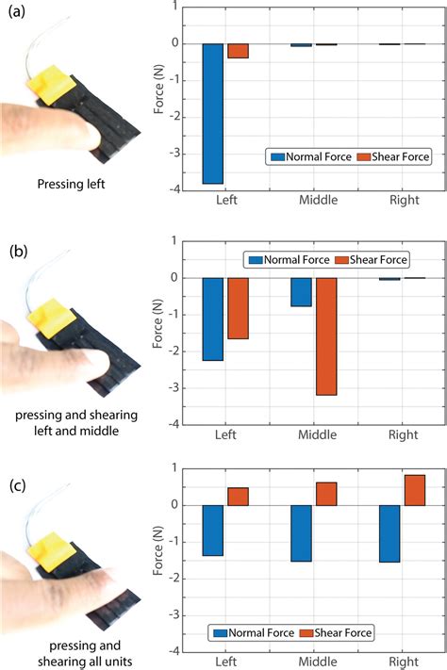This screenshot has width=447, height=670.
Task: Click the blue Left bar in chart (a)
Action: coord(213,113)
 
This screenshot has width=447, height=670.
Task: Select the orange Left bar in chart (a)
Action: coord(238,51)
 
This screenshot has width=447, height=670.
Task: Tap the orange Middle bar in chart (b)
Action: coord(325,335)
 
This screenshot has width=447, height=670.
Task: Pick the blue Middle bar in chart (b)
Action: coord(301,292)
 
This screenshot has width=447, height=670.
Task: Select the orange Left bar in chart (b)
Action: coord(238,308)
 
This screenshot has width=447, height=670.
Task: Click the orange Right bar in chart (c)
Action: coord(414,490)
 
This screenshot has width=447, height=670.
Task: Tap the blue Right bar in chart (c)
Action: coord(389,533)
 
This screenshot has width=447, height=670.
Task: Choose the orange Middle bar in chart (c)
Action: coord(325,494)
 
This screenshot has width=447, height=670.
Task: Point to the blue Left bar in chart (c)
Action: coord(213,531)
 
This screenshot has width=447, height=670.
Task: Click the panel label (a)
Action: coord(18,16)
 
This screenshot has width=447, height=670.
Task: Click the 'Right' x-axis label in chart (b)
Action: coord(402,435)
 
